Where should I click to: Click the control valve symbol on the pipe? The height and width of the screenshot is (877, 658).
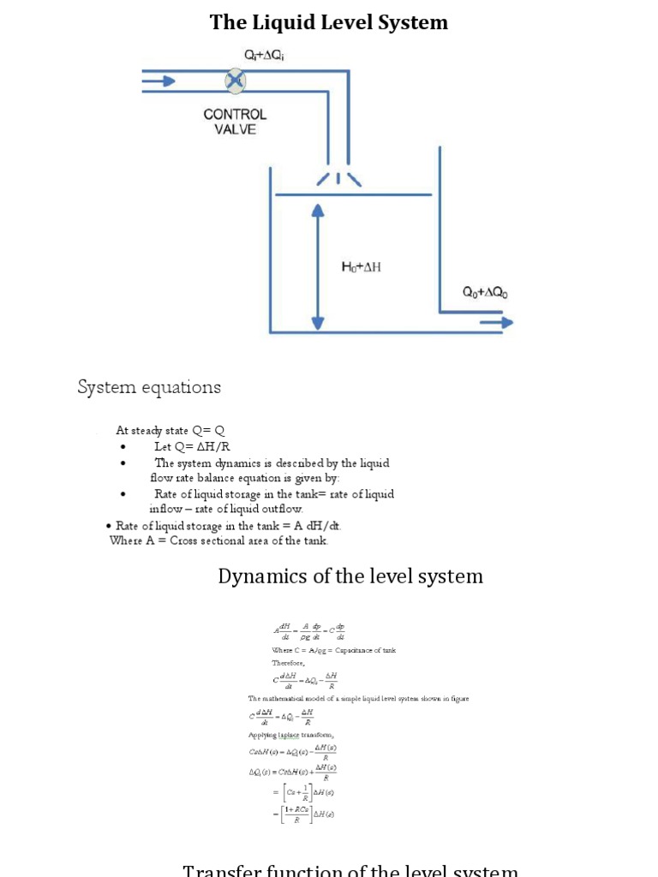235,81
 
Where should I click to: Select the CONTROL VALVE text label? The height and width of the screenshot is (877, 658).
235,121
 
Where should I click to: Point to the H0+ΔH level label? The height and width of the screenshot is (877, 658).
362,266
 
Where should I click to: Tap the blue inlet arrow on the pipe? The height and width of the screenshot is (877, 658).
164,81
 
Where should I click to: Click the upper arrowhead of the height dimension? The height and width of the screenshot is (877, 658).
318,210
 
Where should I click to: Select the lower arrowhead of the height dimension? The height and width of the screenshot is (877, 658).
318,322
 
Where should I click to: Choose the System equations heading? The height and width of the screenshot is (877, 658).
149,387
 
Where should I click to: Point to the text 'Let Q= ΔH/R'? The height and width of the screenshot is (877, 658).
192,446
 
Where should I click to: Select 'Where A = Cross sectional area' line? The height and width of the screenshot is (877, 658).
219,540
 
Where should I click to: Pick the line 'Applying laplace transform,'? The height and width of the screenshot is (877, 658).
291,735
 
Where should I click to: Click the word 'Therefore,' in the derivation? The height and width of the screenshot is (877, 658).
289,663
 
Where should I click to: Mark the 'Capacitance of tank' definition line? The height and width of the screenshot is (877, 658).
333,650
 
